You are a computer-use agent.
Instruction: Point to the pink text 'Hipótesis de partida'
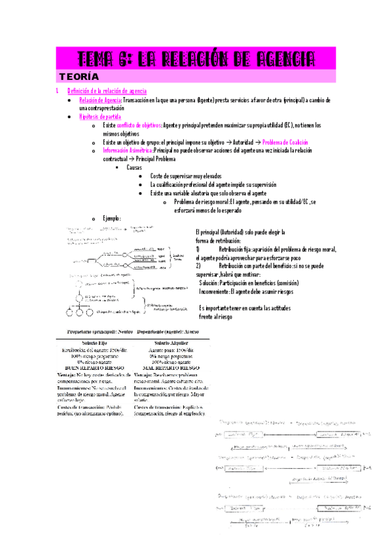[100, 117]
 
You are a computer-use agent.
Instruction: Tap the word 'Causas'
[135, 168]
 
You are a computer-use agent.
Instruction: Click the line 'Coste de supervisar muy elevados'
[185, 176]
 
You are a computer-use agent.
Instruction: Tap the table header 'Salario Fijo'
[96, 343]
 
